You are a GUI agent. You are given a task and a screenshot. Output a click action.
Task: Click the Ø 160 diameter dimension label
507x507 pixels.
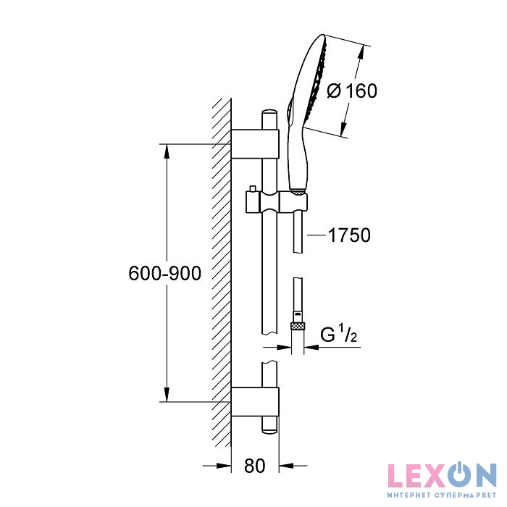tap(352, 91)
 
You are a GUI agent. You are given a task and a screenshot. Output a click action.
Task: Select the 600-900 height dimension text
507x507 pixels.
tap(165, 273)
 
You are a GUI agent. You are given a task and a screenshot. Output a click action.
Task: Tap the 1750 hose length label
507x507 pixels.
tap(349, 235)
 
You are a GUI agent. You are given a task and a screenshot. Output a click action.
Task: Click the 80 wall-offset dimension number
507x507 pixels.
tap(255, 466)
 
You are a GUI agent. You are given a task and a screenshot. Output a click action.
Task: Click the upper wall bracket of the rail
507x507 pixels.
tap(255, 144)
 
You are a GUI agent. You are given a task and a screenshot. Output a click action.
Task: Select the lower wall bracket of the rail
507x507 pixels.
tap(255, 401)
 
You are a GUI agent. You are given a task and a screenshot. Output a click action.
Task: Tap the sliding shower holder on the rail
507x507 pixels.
tap(277, 202)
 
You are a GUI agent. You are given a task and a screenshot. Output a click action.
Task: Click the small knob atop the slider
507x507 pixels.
tap(252, 188)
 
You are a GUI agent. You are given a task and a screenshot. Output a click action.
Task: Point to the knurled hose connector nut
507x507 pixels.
tap(298, 326)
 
